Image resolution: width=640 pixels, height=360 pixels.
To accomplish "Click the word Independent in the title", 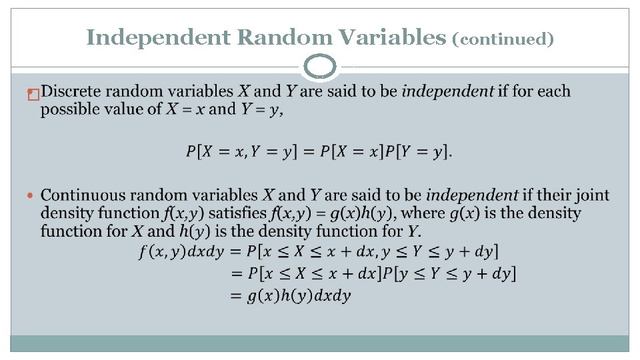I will pyautogui.click(x=158, y=38).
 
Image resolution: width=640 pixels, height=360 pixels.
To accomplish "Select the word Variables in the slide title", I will pyautogui.click(x=392, y=38).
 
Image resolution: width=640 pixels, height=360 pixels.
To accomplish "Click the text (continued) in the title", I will pyautogui.click(x=503, y=39).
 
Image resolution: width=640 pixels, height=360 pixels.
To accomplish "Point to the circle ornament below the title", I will pyautogui.click(x=320, y=67).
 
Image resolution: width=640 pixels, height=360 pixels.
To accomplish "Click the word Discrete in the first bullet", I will pyautogui.click(x=77, y=91).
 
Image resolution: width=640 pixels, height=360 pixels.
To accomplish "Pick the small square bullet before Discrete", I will pyautogui.click(x=31, y=95).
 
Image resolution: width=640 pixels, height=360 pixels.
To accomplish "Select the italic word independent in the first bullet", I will pyautogui.click(x=447, y=91).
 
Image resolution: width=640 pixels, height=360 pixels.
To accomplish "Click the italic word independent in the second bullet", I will pyautogui.click(x=472, y=195).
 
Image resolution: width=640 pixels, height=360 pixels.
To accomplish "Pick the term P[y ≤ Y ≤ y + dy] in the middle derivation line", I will pyautogui.click(x=456, y=274).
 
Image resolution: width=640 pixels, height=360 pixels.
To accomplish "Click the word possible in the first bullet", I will pyautogui.click(x=67, y=109).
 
